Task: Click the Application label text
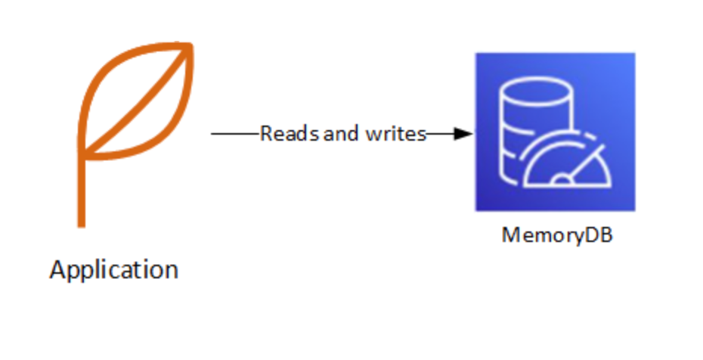pyautogui.click(x=114, y=269)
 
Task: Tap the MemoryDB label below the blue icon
pyautogui.click(x=556, y=235)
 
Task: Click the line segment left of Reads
pyautogui.click(x=234, y=134)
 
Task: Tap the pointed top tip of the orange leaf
pyautogui.click(x=191, y=45)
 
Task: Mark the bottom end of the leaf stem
pyautogui.click(x=81, y=224)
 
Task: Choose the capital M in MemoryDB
pyautogui.click(x=509, y=235)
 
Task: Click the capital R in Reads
pyautogui.click(x=266, y=134)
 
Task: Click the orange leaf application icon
pyautogui.click(x=132, y=113)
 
